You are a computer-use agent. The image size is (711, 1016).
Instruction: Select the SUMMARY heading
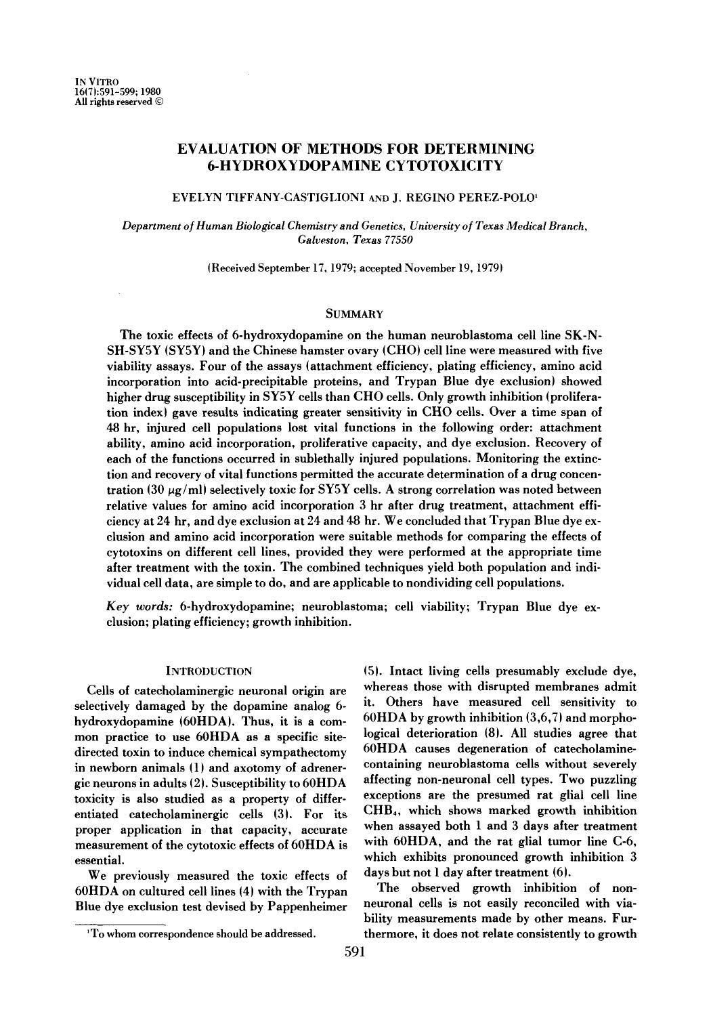[x=355, y=314]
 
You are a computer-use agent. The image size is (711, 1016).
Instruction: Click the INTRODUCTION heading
[x=209, y=671]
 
